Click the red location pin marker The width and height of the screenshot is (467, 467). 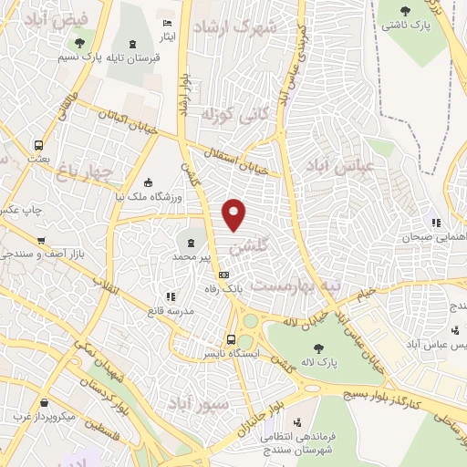pos(234,213)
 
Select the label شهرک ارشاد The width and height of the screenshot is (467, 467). pos(241,27)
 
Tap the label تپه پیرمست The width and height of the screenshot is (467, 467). pos(296,285)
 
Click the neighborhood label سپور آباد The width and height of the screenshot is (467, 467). pos(192,401)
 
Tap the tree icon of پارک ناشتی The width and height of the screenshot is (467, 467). pos(407,11)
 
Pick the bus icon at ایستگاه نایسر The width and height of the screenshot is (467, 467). pos(231,340)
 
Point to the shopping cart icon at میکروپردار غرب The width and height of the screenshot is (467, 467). pos(43,402)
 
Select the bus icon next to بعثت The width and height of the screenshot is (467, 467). pos(38,144)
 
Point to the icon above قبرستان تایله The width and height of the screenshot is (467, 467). pos(135,43)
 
